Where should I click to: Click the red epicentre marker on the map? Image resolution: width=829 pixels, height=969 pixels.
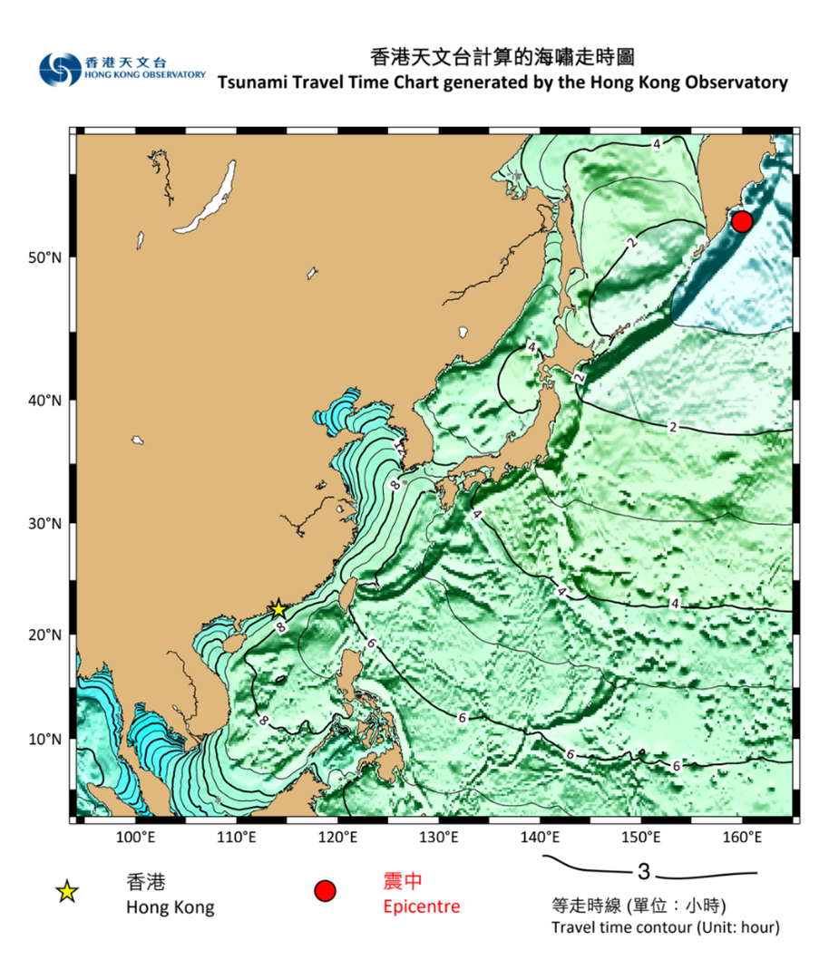pyautogui.click(x=741, y=221)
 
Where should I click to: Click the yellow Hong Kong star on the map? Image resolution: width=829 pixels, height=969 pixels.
pyautogui.click(x=278, y=609)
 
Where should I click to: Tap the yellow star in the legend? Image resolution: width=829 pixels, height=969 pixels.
pyautogui.click(x=66, y=893)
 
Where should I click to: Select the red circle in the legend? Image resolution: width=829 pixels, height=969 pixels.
pyautogui.click(x=325, y=892)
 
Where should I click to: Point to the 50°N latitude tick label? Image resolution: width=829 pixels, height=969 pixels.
pyautogui.click(x=44, y=258)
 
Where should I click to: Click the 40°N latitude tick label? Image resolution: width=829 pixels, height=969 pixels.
pyautogui.click(x=44, y=400)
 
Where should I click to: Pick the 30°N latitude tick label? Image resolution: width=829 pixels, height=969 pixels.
pyautogui.click(x=44, y=524)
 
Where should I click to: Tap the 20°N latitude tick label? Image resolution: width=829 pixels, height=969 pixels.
pyautogui.click(x=44, y=635)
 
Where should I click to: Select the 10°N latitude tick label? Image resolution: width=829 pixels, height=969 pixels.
pyautogui.click(x=44, y=740)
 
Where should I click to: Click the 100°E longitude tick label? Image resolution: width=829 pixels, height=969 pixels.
pyautogui.click(x=136, y=837)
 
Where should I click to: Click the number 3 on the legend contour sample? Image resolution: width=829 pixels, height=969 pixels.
pyautogui.click(x=644, y=873)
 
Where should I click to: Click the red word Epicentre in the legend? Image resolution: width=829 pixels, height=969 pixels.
pyautogui.click(x=421, y=906)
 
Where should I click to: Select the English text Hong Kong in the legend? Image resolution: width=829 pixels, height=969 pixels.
pyautogui.click(x=171, y=907)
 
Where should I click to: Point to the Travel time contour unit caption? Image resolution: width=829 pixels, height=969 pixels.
pyautogui.click(x=665, y=927)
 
